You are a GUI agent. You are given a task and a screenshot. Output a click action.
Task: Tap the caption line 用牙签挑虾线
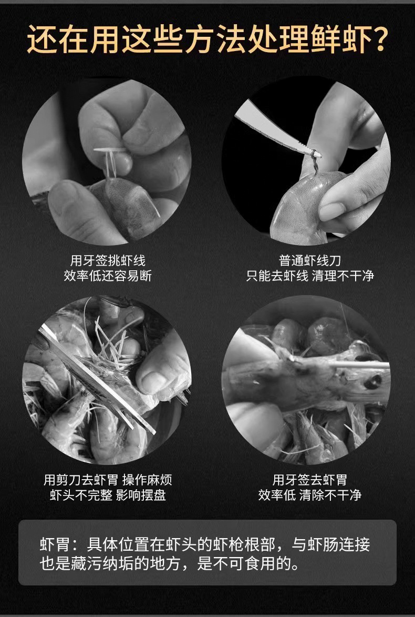pyautogui.click(x=108, y=260)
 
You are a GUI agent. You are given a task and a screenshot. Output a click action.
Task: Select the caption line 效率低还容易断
pyautogui.click(x=108, y=276)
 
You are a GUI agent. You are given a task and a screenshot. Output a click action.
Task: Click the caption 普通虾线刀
pyautogui.click(x=306, y=260)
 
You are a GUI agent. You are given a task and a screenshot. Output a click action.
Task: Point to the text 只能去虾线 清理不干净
pyautogui.click(x=310, y=276)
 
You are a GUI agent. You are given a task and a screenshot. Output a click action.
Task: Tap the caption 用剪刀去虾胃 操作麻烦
pyautogui.click(x=108, y=479)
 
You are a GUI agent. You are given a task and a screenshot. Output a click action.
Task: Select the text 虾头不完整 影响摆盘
pyautogui.click(x=108, y=495)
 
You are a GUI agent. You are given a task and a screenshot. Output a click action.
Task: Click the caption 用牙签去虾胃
pyautogui.click(x=309, y=479)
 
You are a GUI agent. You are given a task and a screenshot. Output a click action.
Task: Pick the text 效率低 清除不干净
pyautogui.click(x=309, y=495)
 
